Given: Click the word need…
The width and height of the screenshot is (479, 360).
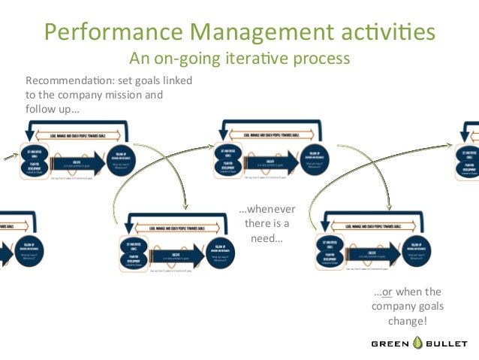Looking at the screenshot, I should pos(267,239).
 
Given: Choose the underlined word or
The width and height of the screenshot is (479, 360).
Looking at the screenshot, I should pos(388,292).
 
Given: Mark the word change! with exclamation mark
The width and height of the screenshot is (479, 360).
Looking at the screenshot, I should pos(408,321).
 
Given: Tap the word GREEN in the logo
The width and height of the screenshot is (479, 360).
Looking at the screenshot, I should pos(390,343).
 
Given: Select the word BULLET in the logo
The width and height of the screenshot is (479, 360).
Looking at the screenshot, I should pos(449,343).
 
